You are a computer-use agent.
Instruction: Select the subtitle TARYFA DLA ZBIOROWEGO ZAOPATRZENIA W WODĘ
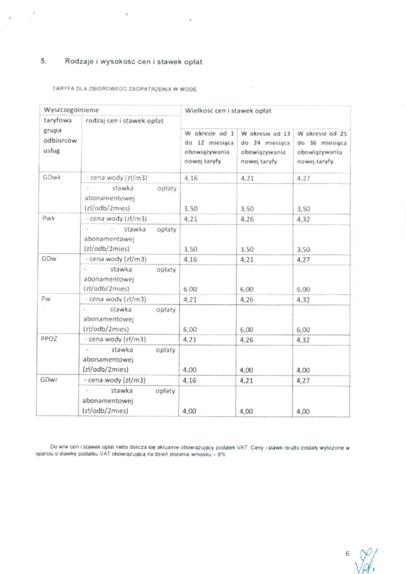(x=124, y=89)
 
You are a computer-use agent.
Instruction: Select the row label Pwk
(x=48, y=218)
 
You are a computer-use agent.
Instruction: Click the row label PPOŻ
(x=50, y=339)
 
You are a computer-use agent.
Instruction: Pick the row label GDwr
(x=51, y=379)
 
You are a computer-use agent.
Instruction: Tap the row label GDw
(x=50, y=258)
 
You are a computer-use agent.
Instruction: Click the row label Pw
(x=47, y=299)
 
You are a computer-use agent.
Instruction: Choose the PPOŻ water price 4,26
(x=247, y=339)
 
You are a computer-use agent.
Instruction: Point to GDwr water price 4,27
(x=303, y=379)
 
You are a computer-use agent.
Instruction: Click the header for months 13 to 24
(x=265, y=147)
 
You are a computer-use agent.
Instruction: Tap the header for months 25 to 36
(x=322, y=147)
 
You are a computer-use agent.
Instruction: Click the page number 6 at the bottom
(x=348, y=554)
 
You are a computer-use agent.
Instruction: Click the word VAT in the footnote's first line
(x=242, y=448)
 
